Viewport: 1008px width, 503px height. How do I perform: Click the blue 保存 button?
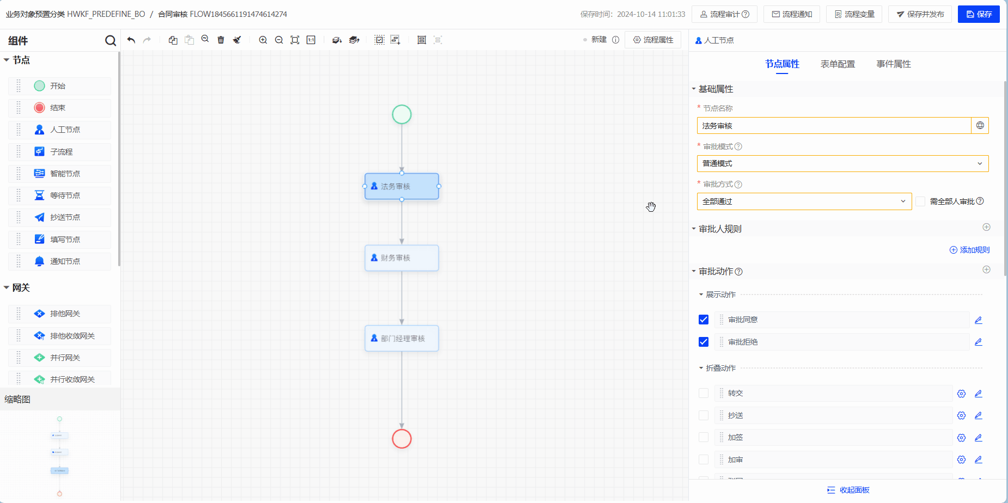pos(979,14)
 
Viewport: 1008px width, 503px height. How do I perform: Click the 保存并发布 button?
pos(920,14)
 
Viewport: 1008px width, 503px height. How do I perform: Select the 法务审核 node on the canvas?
pos(401,186)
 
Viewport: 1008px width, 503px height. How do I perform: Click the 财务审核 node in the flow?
pos(401,257)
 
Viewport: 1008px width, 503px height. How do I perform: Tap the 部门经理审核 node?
pos(401,338)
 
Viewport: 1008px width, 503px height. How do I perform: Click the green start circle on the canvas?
pos(402,114)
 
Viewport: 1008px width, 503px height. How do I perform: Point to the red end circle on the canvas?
pos(402,438)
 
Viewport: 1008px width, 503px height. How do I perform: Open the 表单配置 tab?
pos(838,64)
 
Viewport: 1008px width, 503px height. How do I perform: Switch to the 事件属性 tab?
pos(894,64)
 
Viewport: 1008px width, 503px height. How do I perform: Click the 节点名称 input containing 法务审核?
pos(833,126)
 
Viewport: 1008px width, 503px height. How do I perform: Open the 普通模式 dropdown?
pos(842,163)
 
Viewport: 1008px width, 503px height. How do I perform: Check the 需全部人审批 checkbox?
pos(920,201)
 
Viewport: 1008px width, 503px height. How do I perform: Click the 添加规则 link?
pos(969,250)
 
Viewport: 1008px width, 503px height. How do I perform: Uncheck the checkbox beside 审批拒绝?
pos(704,342)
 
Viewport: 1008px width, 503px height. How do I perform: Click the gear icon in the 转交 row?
pos(961,394)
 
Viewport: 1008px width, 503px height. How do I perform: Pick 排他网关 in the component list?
pos(65,314)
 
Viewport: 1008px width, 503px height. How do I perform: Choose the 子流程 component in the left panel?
pos(61,152)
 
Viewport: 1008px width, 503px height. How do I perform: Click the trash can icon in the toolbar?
pos(221,40)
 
